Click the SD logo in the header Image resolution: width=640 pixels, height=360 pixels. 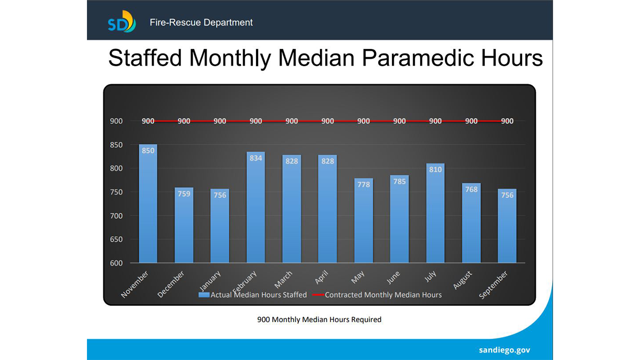coord(122,22)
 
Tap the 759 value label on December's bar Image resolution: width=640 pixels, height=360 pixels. coord(184,194)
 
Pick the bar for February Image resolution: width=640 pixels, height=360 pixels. coord(255,208)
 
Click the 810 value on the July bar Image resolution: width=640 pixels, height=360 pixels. coord(435,170)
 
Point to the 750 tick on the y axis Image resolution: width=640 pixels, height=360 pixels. coord(116,192)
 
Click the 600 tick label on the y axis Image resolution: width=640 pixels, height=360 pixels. coord(116,263)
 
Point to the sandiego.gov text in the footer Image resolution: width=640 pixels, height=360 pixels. coord(505,350)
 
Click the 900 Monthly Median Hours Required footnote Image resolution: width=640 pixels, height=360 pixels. coord(319,319)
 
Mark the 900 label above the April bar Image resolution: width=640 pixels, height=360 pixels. coord(327,121)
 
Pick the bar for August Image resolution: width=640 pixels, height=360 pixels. coord(471,224)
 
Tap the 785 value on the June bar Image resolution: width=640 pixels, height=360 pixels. coord(399,181)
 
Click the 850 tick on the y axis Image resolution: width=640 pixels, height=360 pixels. coord(116,145)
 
